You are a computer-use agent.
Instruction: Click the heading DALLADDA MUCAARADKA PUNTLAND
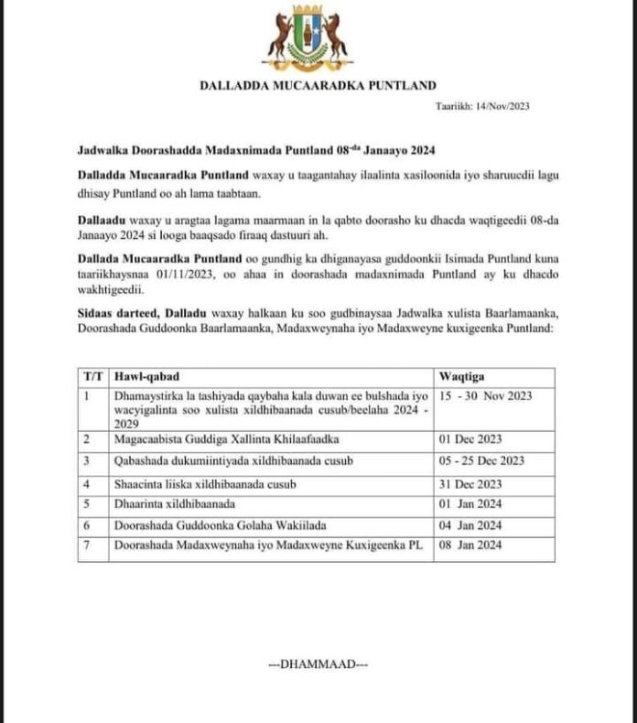(318, 86)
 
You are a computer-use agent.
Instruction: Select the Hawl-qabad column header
(146, 376)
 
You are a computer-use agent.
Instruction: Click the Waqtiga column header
(462, 376)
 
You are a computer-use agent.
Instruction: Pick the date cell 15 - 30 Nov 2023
(485, 395)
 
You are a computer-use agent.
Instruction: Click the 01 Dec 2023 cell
(472, 439)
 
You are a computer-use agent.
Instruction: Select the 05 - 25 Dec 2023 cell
(481, 460)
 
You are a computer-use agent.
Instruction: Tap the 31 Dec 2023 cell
(472, 482)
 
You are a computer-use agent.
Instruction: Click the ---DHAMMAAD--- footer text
(318, 663)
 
